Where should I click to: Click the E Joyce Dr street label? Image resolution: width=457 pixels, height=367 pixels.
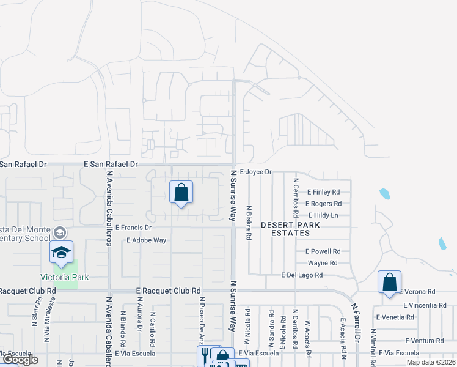click(255, 172)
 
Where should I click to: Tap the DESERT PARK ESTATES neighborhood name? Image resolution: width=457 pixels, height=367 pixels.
click(291, 229)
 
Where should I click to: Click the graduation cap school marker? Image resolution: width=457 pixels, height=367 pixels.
click(61, 252)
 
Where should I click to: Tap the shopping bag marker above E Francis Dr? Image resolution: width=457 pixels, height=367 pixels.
click(181, 193)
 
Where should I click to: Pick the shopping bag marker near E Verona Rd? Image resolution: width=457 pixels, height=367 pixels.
click(389, 283)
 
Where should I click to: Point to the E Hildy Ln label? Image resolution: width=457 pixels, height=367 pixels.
click(323, 215)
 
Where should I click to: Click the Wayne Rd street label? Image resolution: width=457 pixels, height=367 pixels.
click(323, 263)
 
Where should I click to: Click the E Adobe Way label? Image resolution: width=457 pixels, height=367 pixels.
click(147, 240)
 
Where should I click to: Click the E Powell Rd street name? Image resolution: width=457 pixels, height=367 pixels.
click(323, 251)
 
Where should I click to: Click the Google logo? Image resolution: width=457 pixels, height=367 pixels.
click(20, 360)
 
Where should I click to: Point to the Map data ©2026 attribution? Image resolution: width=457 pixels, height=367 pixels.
click(431, 362)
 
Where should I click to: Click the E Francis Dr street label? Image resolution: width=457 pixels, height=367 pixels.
click(133, 227)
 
